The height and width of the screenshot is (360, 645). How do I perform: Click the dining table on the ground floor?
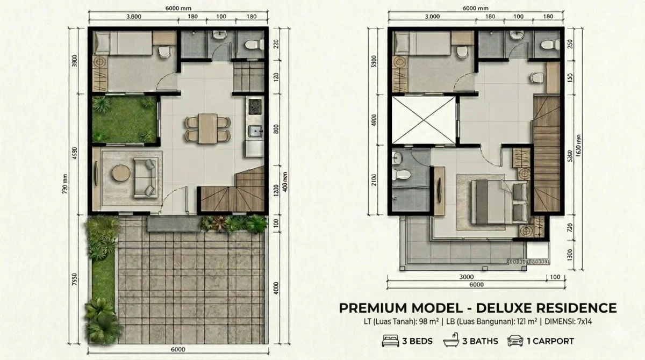pyautogui.click(x=207, y=128)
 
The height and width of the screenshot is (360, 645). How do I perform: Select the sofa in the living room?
pyautogui.click(x=146, y=177)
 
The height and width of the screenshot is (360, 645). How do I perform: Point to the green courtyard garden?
pyautogui.click(x=124, y=119)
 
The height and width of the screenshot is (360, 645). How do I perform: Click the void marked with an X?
pyautogui.click(x=424, y=121)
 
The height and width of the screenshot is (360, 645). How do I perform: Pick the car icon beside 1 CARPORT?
pyautogui.click(x=515, y=341)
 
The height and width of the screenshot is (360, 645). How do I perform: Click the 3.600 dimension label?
pyautogui.click(x=133, y=17)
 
